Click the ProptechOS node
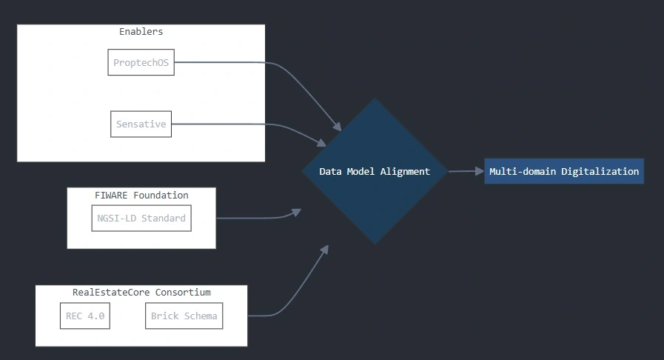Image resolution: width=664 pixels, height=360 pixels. point(141,63)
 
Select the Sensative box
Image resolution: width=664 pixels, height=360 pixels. point(141,124)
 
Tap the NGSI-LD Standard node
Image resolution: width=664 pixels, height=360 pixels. point(141,219)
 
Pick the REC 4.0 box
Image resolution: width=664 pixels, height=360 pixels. point(84,316)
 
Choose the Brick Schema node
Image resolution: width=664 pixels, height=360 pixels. point(184,316)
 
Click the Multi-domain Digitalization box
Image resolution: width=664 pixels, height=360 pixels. point(563,171)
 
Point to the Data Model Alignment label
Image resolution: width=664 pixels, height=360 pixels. point(374,171)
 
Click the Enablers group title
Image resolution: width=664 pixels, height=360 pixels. point(141,32)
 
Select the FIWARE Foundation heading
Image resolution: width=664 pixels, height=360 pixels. point(141,196)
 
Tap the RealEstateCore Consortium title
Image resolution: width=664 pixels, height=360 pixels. point(141,293)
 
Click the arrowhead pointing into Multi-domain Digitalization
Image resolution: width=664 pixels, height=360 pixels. point(477,171)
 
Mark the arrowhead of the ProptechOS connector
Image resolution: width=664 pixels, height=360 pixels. point(337,127)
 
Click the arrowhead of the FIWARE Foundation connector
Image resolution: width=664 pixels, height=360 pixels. point(296,212)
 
